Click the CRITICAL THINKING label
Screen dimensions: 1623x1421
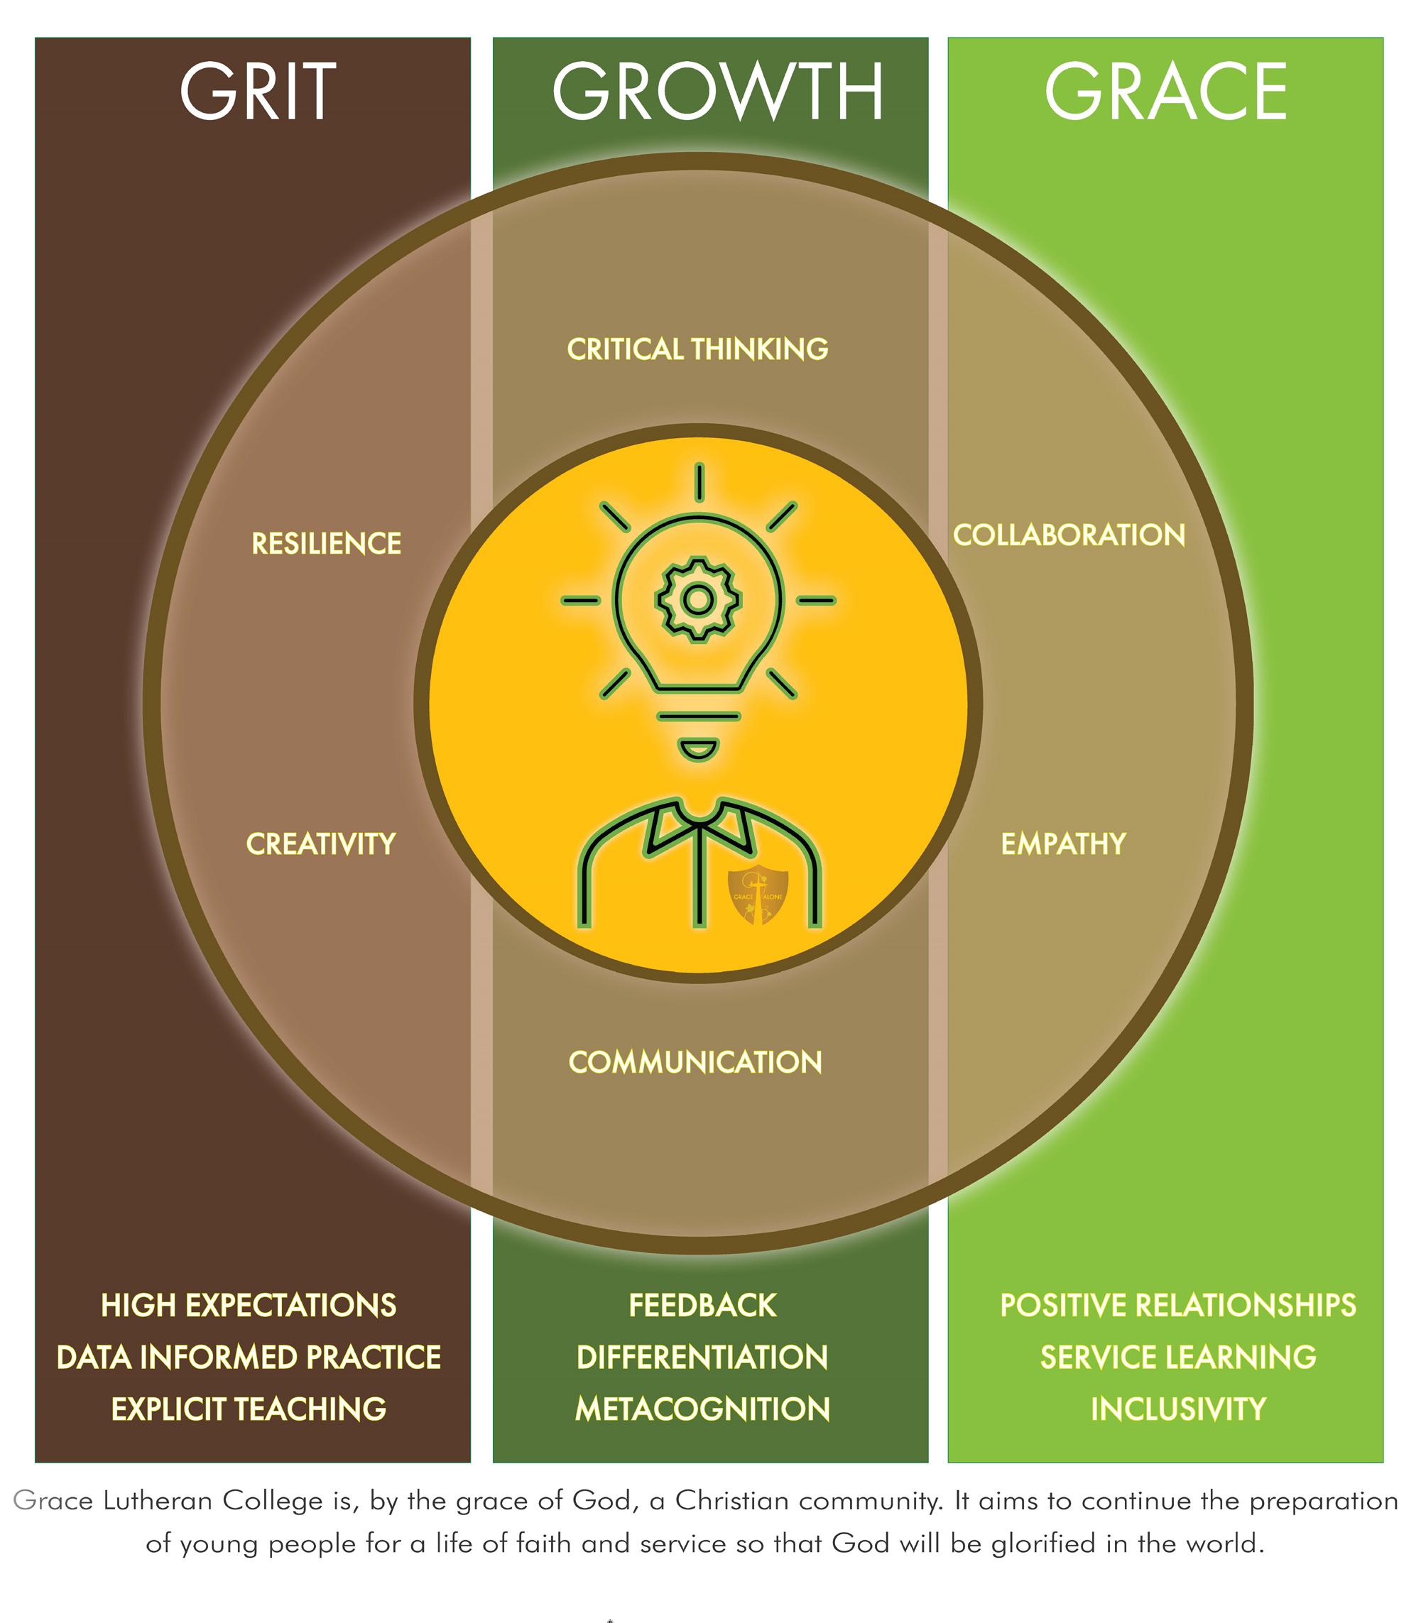697,349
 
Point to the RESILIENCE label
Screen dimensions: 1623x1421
326,543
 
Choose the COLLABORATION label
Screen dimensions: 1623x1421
1068,535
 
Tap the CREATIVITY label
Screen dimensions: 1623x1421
320,843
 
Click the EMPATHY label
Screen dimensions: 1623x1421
1062,843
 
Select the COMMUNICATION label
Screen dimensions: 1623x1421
695,1062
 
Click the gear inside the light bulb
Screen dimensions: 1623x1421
698,600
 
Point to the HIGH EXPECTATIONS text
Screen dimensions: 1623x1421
249,1305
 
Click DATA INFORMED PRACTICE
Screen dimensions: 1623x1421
249,1357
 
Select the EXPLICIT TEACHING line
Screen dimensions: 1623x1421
249,1409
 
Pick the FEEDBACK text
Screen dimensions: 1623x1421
702,1305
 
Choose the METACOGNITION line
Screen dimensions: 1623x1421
702,1409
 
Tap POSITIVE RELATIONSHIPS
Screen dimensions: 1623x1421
1177,1305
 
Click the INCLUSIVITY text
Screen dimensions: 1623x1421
1177,1409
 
